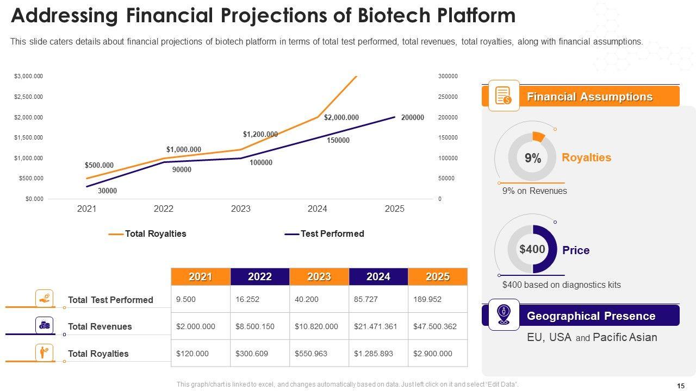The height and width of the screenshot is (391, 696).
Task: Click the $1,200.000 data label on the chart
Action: (260, 134)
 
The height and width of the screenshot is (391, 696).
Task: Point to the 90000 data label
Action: (182, 169)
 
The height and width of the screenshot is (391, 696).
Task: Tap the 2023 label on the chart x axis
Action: (240, 209)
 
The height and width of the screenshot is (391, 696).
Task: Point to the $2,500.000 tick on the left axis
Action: (28, 97)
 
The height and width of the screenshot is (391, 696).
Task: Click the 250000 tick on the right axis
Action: (448, 97)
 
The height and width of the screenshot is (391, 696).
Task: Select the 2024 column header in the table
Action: (378, 277)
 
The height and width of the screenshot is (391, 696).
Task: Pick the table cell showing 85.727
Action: (365, 299)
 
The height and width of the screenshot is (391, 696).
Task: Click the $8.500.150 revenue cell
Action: (254, 326)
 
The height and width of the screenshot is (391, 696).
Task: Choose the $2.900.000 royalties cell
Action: (432, 354)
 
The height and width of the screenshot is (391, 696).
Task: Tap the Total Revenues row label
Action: (100, 326)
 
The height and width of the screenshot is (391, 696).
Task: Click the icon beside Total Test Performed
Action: (44, 299)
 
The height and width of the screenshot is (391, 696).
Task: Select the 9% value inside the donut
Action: (533, 159)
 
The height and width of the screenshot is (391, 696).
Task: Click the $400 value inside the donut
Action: (532, 249)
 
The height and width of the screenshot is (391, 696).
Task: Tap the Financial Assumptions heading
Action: (589, 97)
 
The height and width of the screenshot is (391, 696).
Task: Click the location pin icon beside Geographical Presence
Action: (504, 315)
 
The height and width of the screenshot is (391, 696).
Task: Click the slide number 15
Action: (681, 386)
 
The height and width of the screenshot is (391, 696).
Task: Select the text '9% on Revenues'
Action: (534, 191)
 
